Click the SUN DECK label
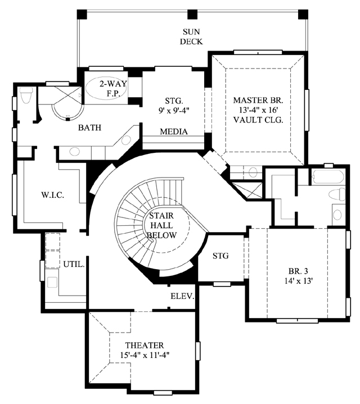click(191, 37)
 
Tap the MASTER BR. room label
click(258, 100)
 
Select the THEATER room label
click(145, 345)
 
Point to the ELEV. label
click(182, 296)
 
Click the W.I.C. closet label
click(53, 195)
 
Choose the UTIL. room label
click(74, 264)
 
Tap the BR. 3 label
click(298, 271)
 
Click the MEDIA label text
click(174, 131)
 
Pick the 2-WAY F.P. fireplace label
click(114, 88)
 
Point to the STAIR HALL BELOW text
click(161, 225)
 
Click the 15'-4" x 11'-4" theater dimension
click(145, 355)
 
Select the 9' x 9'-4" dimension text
click(174, 110)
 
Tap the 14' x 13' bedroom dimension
click(299, 281)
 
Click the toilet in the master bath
click(26, 95)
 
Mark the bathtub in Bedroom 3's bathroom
click(328, 177)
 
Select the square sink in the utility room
click(52, 282)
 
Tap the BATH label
click(90, 128)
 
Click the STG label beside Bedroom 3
click(220, 256)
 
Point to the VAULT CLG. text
click(258, 120)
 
